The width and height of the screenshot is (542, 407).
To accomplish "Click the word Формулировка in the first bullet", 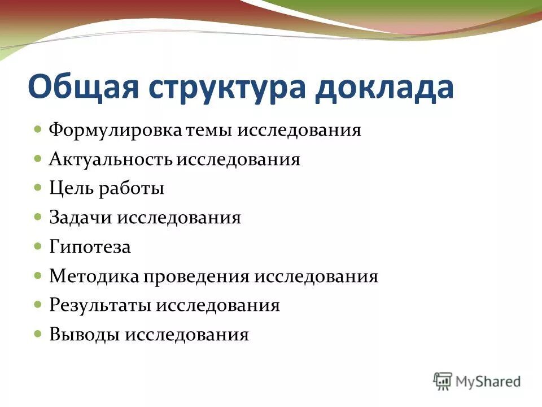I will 116,131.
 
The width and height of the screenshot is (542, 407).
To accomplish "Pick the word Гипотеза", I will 90,248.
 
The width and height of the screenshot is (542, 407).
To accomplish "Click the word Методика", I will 93,276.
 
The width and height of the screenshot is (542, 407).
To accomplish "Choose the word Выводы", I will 84,335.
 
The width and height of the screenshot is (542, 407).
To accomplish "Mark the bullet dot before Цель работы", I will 38,187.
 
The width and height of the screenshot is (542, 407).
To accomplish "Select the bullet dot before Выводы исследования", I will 38,334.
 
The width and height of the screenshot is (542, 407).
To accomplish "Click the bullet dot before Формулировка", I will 38,129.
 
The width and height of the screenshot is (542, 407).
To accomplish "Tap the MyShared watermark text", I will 488,382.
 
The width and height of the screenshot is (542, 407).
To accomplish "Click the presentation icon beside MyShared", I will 443,380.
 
